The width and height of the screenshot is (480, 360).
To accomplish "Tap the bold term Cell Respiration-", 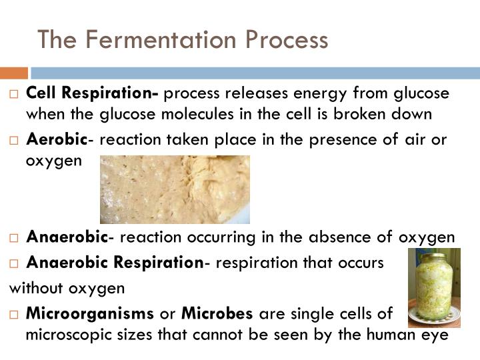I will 92,94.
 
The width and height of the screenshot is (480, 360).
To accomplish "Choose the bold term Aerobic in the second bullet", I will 57,141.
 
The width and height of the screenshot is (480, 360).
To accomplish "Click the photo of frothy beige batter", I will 175,189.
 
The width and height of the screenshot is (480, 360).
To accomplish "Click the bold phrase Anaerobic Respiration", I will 115,263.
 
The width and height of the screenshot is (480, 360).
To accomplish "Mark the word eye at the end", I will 435,334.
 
